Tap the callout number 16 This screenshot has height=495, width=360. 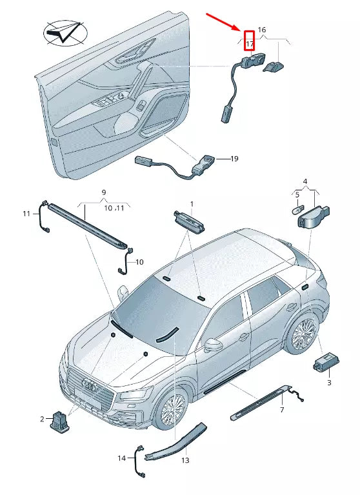coord(262,30)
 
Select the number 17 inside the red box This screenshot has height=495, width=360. coord(250,44)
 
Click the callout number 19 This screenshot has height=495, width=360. coord(234,159)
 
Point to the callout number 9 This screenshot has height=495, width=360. coord(104,192)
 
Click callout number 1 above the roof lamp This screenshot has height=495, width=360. coord(192,204)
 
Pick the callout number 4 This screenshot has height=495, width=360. coord(305,181)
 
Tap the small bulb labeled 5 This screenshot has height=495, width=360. coord(299,209)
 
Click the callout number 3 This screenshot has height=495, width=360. coord(329,383)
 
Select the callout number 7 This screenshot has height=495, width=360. coord(282,410)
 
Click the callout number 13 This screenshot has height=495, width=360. coord(185,460)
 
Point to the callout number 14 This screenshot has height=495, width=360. coord(122,458)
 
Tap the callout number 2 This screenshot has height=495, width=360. coord(43,419)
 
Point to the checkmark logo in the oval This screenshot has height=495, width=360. coord(65,33)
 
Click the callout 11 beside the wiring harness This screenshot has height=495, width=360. coord(26,214)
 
